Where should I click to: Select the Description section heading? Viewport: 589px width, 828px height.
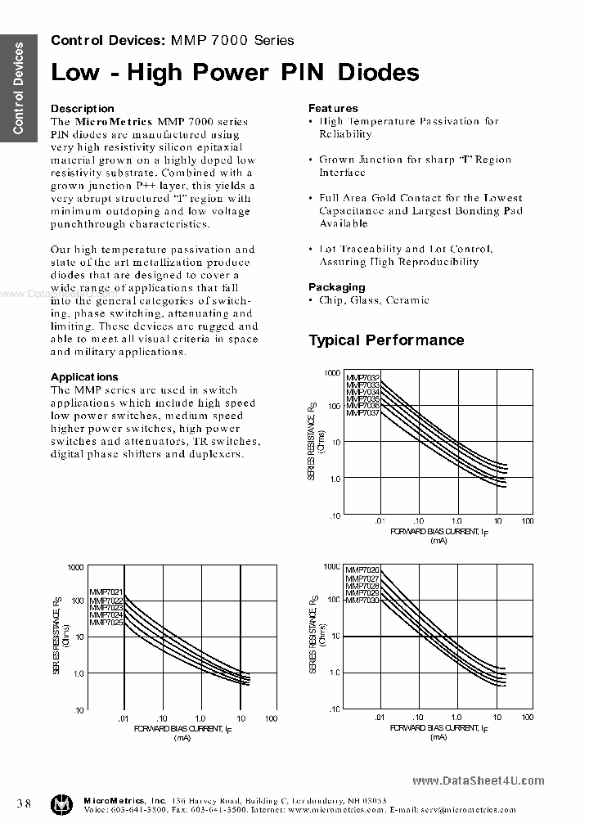(x=83, y=108)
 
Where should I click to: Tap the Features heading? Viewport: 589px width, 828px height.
(x=333, y=108)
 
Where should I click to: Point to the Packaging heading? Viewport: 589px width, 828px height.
(x=336, y=287)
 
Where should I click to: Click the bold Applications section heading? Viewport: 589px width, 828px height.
(x=84, y=376)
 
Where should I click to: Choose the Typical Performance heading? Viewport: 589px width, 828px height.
(x=386, y=340)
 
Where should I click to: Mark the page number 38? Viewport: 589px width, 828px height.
(x=24, y=803)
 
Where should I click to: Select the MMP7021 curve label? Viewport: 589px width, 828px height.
(x=106, y=592)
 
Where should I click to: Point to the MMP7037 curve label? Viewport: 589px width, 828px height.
(x=362, y=413)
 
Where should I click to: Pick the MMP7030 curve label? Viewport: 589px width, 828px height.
(x=362, y=601)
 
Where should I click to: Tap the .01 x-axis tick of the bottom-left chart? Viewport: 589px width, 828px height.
(x=123, y=718)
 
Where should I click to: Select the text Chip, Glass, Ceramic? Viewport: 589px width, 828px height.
(x=374, y=300)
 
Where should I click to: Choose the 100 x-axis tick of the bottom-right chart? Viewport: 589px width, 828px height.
(x=527, y=717)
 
